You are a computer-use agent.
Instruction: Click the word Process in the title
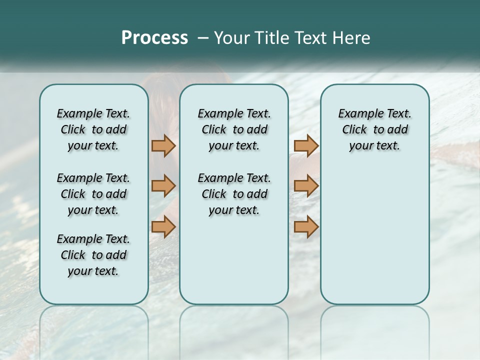click(154, 38)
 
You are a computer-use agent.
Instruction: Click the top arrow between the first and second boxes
click(163, 145)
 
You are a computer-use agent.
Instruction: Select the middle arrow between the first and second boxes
click(163, 186)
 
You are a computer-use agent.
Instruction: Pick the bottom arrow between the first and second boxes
click(163, 227)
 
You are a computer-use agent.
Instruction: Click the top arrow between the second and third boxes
click(306, 145)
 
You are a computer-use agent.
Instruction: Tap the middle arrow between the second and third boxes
click(306, 186)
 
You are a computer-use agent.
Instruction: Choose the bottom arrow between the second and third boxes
click(306, 227)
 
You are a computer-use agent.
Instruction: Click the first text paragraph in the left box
click(93, 129)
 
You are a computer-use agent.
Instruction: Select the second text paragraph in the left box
click(93, 194)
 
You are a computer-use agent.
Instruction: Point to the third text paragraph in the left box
click(93, 255)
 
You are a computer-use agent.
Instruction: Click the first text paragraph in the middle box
click(234, 129)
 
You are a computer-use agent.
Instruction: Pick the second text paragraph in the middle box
click(234, 194)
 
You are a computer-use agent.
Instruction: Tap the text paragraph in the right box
click(375, 129)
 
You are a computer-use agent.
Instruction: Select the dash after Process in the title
click(202, 38)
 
